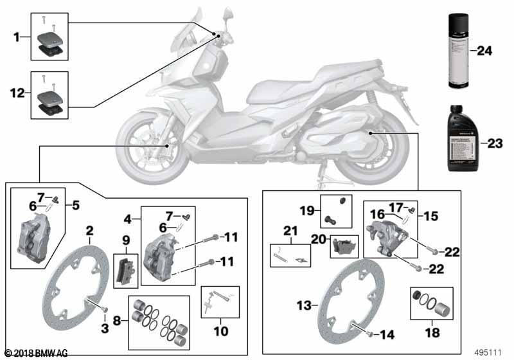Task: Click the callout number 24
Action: click(484, 50)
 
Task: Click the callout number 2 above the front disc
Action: click(90, 230)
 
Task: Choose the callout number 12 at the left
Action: click(17, 93)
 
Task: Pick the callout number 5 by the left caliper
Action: click(76, 206)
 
